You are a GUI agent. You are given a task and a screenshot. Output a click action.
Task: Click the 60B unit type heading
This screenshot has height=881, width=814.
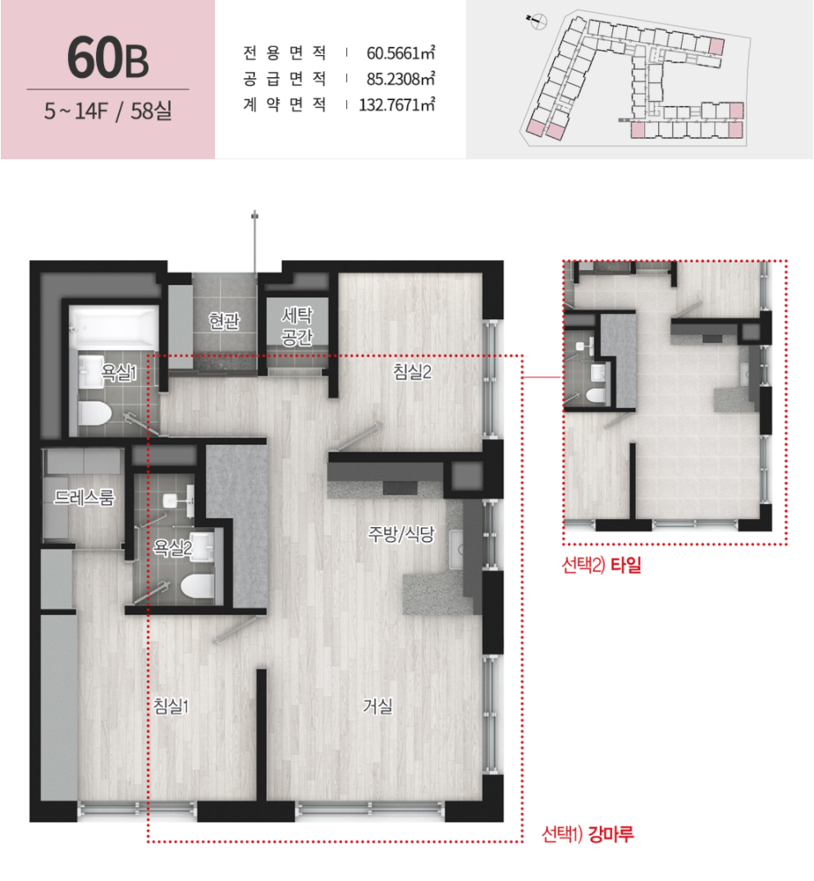(x=107, y=57)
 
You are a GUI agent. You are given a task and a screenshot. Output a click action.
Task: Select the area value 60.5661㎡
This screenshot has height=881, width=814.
(x=400, y=53)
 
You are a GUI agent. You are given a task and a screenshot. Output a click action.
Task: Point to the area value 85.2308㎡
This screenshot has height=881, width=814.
(x=400, y=79)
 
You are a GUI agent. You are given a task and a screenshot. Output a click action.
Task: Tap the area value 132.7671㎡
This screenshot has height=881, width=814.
(x=397, y=104)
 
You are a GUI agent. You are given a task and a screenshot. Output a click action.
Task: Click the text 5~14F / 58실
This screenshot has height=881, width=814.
(x=107, y=111)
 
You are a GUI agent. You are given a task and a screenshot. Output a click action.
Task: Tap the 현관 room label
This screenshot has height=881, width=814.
(x=224, y=321)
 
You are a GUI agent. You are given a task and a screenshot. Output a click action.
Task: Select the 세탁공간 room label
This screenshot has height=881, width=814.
(x=297, y=326)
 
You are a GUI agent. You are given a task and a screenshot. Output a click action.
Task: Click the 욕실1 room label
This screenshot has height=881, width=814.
(x=118, y=371)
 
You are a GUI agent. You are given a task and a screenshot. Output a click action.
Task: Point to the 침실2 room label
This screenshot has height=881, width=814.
(x=412, y=371)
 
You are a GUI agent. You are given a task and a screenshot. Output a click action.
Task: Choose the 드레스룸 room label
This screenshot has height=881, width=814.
(x=85, y=497)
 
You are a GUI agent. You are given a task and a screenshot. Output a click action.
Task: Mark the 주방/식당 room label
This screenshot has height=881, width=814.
(x=400, y=534)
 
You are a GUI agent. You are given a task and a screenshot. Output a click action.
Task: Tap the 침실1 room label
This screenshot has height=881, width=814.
(x=171, y=705)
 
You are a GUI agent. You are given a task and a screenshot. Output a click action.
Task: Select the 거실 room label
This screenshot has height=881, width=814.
(x=377, y=705)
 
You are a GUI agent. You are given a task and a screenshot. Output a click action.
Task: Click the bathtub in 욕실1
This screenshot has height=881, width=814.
(x=115, y=328)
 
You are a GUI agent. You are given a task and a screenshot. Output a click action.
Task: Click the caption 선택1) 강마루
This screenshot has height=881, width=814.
(x=588, y=834)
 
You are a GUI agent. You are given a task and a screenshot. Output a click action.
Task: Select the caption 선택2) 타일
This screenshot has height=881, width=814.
(x=601, y=565)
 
